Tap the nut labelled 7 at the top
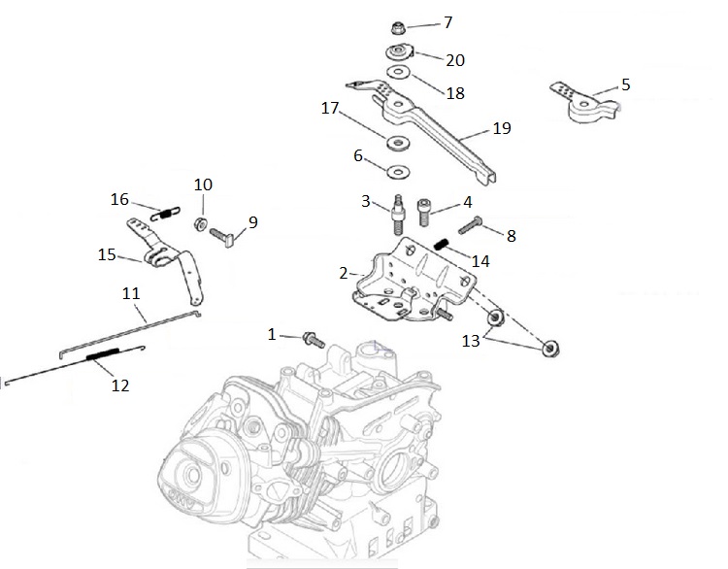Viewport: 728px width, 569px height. (x=398, y=26)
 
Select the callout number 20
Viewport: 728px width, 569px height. (x=454, y=60)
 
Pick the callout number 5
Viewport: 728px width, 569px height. (x=626, y=84)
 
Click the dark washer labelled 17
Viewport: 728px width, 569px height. (x=396, y=145)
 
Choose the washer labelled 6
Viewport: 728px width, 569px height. (x=395, y=172)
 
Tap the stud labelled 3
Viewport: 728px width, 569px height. (x=397, y=213)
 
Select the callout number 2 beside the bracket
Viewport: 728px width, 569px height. (x=344, y=273)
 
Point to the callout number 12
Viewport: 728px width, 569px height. (x=119, y=385)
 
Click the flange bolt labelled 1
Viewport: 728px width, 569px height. (x=314, y=339)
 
